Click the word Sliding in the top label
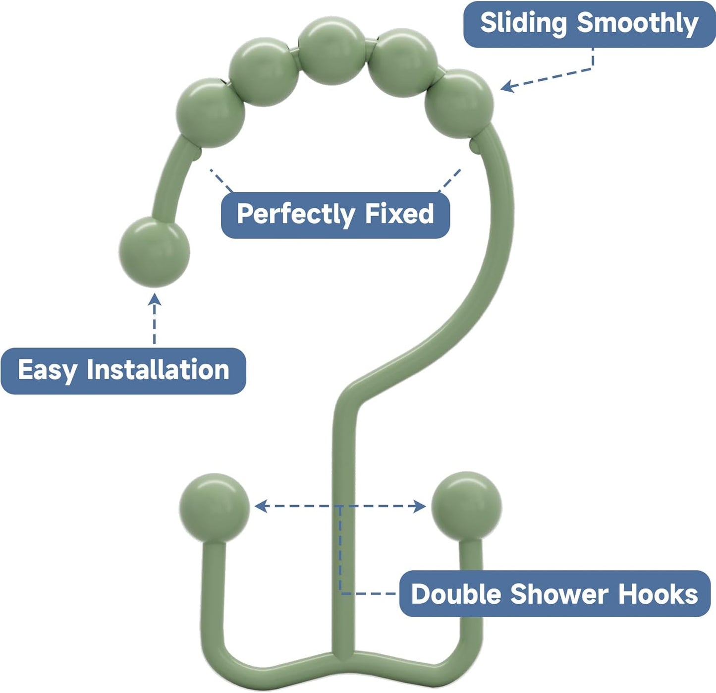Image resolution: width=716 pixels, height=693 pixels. point(522,23)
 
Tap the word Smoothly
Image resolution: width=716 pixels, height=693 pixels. point(638,23)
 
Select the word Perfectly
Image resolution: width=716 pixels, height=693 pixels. point(295,214)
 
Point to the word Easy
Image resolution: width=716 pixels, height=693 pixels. point(48,370)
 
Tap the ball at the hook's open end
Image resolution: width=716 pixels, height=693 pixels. point(154,252)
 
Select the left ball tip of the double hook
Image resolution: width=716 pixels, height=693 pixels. point(215,507)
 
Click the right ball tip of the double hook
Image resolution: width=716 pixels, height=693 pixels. point(466,506)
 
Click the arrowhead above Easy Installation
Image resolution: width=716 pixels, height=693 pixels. point(154,298)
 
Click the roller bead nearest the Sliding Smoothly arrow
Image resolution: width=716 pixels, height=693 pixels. point(459,104)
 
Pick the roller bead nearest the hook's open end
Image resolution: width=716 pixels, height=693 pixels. point(211,113)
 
